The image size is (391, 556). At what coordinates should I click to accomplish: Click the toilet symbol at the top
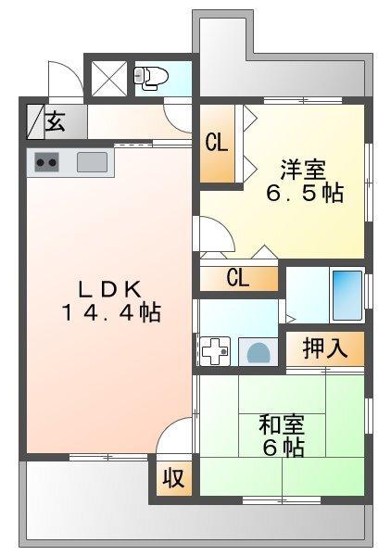(147, 77)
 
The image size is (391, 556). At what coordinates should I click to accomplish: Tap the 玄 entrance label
(56, 120)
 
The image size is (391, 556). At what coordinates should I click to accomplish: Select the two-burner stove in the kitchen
(46, 163)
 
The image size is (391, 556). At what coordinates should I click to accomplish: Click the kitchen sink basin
(93, 162)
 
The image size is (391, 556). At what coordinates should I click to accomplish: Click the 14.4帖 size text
(111, 313)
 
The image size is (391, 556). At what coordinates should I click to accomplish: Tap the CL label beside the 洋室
(217, 143)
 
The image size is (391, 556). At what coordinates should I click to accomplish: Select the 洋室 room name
(303, 171)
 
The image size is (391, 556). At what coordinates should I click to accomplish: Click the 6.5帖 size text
(306, 195)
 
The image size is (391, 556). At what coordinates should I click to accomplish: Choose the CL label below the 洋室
(238, 277)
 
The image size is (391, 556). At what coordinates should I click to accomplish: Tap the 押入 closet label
(324, 348)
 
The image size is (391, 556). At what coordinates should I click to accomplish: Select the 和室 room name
(282, 425)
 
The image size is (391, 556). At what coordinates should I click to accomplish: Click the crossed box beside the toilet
(109, 78)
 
